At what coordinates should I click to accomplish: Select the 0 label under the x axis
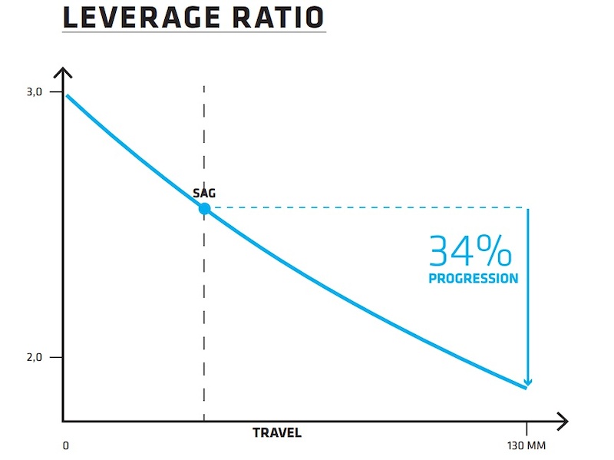coord(65,445)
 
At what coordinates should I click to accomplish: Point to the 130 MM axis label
coord(526,445)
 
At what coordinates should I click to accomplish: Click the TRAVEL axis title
coord(277,433)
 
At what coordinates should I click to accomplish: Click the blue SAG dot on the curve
coord(204,208)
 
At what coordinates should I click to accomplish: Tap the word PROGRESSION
coord(473,279)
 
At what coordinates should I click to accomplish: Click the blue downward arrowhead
coord(527,382)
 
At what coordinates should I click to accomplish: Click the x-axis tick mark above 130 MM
coord(526,426)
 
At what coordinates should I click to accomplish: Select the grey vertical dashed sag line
coord(204,307)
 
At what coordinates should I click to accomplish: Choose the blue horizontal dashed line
coord(368,207)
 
